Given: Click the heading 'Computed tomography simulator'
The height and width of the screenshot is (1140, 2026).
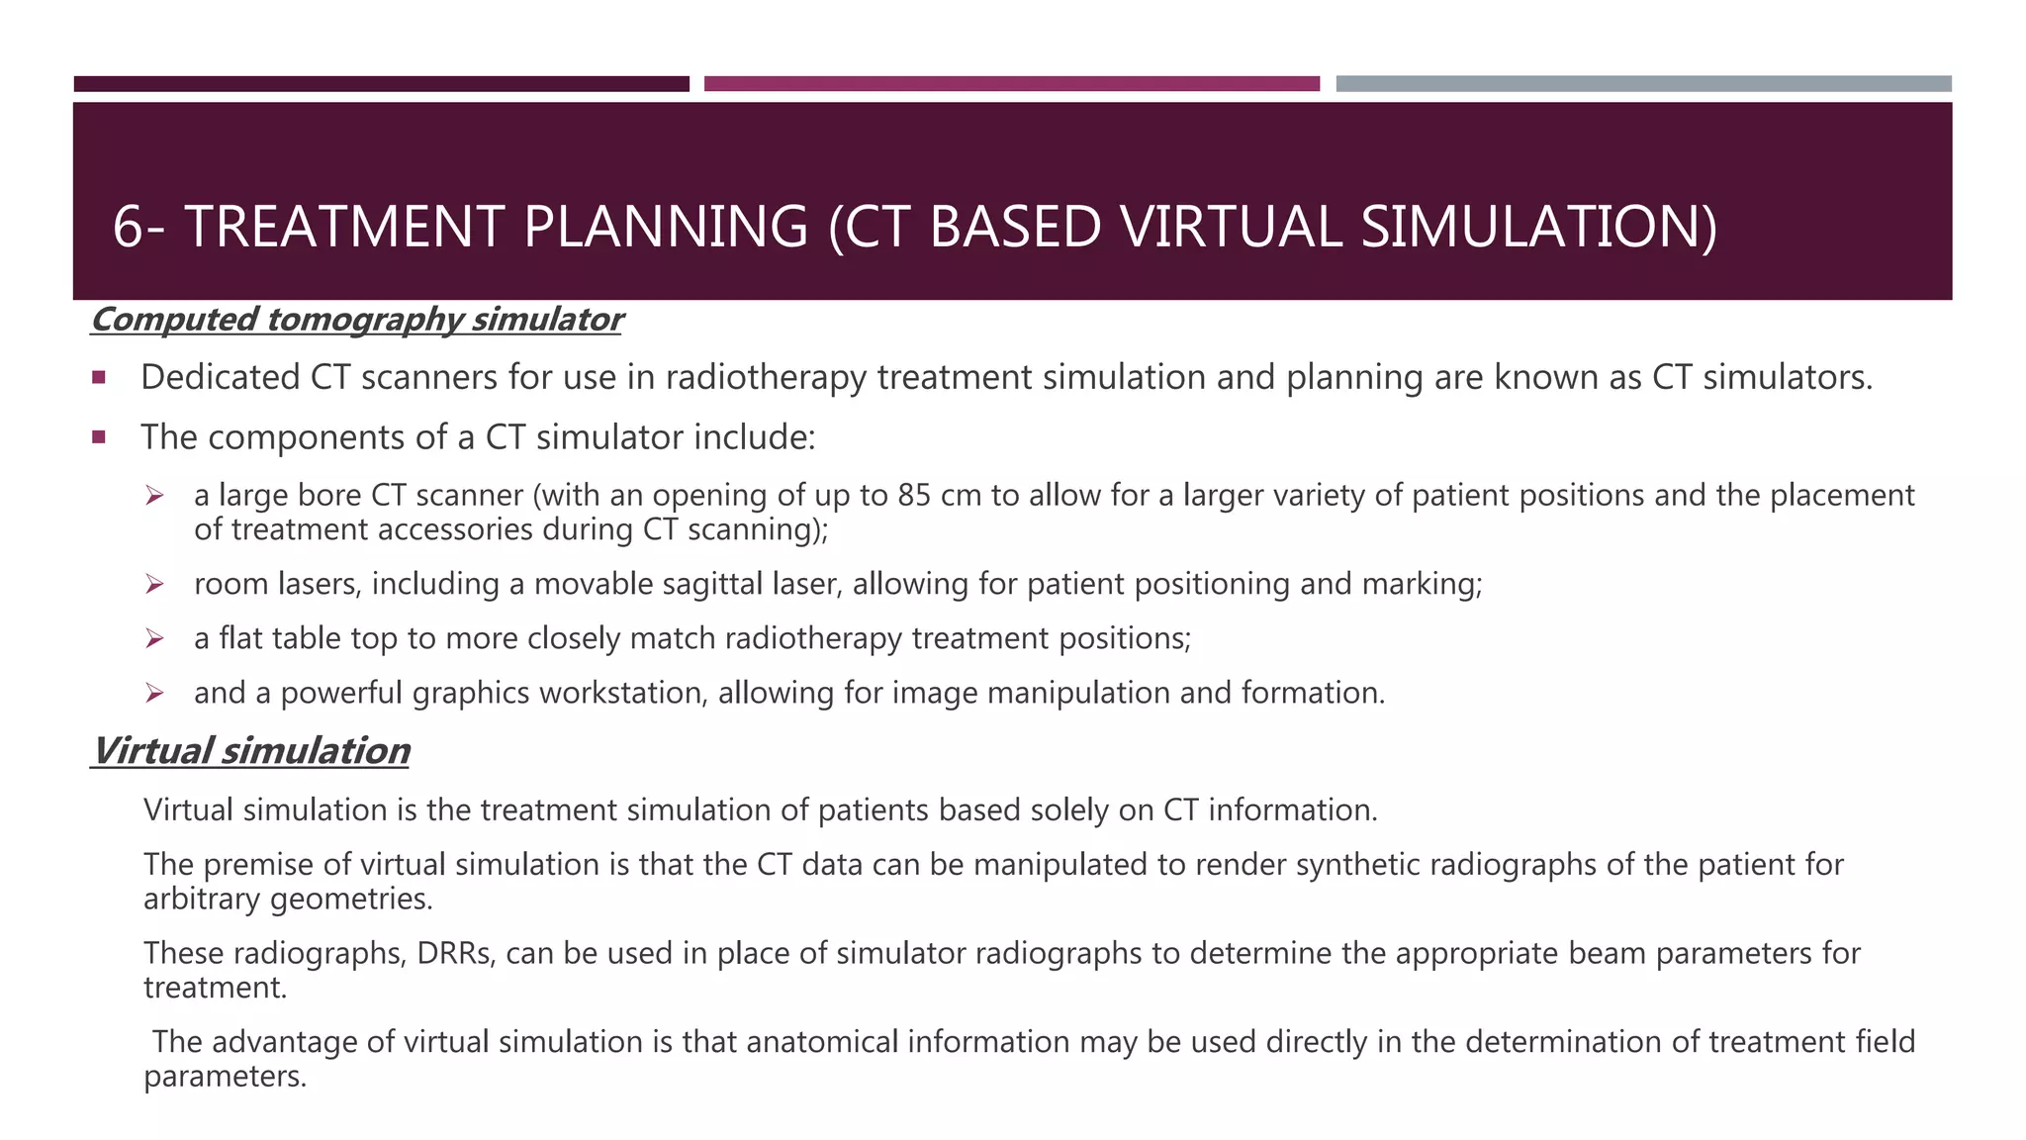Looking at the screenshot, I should (x=356, y=320).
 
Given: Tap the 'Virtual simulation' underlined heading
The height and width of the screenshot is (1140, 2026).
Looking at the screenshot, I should (x=250, y=751).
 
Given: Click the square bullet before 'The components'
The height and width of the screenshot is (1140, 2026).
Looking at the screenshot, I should (x=98, y=436).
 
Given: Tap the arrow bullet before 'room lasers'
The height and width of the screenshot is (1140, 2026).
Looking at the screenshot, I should (x=154, y=584).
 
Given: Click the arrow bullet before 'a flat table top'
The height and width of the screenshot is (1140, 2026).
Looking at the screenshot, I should (x=154, y=638).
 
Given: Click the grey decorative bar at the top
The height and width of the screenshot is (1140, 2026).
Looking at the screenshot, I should (x=1643, y=84).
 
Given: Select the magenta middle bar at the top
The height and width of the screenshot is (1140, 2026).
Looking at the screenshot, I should (x=1011, y=84).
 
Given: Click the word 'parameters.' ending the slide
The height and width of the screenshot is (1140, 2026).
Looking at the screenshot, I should (x=226, y=1077).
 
